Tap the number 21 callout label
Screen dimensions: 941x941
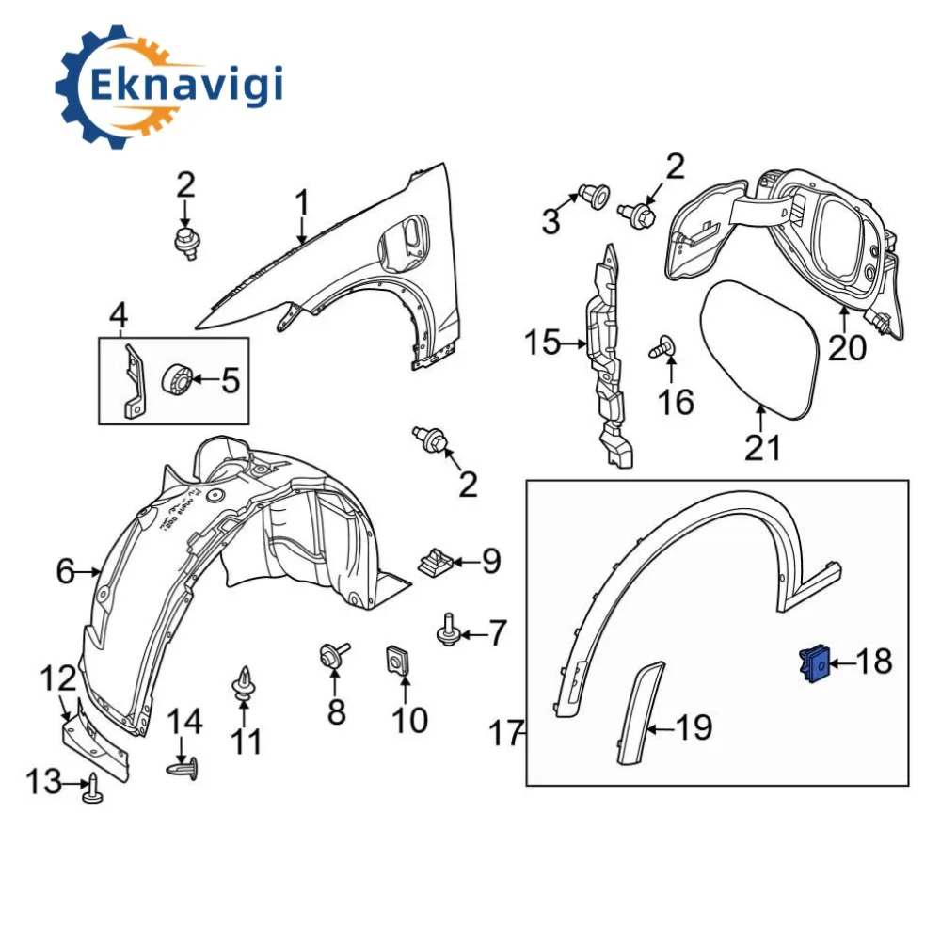pos(762,448)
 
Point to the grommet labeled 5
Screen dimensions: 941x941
pos(179,379)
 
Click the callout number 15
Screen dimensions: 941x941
pos(542,343)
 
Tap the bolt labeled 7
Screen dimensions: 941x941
pos(447,631)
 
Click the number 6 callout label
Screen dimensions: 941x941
pos(64,571)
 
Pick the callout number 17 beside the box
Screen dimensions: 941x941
pos(506,732)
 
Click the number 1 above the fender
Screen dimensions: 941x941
pos(302,202)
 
